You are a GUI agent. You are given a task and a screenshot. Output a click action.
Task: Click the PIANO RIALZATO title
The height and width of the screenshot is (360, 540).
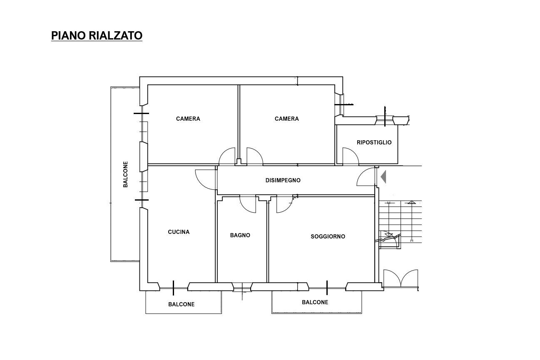point(97,35)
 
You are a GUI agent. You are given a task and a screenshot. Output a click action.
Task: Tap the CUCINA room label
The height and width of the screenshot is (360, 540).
point(179,232)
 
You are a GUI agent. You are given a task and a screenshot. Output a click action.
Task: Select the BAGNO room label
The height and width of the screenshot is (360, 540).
point(240,235)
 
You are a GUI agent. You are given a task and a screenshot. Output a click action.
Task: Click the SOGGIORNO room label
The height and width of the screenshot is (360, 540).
point(328,236)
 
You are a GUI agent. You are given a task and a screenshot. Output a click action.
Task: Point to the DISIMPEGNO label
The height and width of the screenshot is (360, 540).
point(283,180)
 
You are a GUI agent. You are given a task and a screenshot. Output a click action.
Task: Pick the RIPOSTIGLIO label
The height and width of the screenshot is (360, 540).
point(374,142)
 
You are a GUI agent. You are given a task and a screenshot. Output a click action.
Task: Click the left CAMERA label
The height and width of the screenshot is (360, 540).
point(188,119)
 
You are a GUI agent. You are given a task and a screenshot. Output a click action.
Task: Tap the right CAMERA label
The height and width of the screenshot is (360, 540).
point(286,119)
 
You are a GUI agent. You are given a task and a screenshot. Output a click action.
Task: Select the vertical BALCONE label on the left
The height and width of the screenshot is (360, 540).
point(125,174)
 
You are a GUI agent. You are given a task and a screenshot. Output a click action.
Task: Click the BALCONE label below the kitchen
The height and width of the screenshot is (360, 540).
point(181,304)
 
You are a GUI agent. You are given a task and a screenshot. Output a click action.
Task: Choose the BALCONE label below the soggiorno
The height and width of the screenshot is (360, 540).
point(315,302)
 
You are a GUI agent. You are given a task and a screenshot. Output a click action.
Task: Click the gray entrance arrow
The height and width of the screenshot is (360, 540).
point(383,176)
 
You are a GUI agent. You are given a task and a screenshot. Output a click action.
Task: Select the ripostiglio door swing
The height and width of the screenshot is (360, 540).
point(353,152)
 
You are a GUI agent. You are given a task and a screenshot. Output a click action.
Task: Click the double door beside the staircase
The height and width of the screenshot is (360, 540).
point(401,278)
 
